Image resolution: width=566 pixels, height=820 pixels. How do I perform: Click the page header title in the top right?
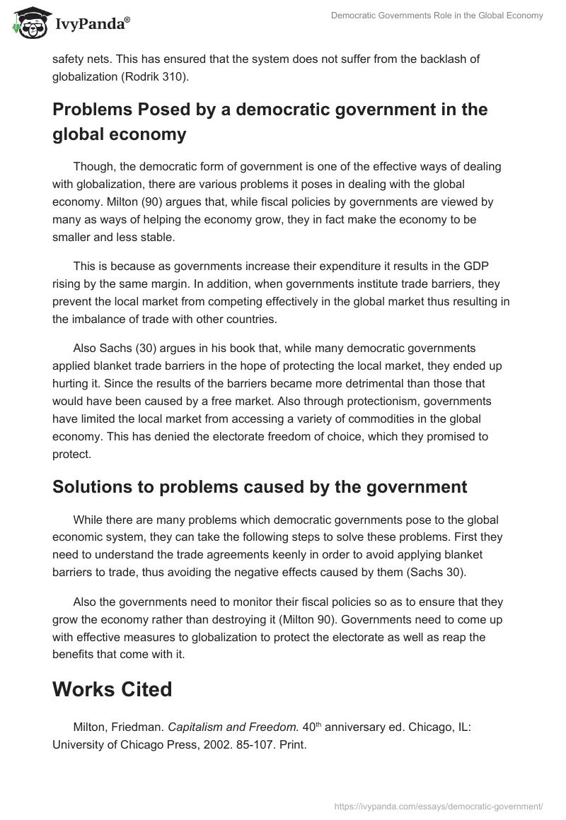tap(437, 16)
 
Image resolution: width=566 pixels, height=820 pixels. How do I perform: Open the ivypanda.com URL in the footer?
tap(437, 806)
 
